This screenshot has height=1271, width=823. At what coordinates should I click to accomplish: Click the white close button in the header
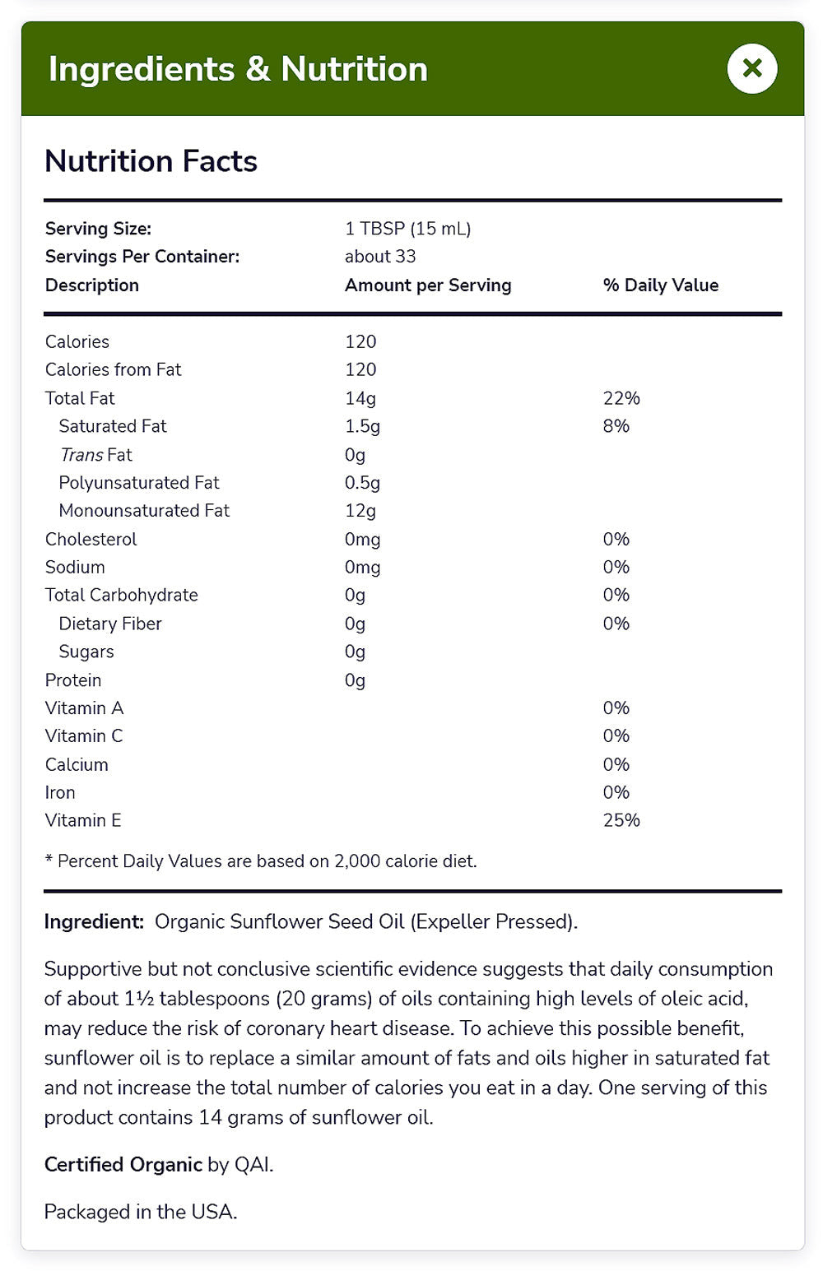751,68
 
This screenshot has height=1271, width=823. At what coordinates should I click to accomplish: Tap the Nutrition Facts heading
151,161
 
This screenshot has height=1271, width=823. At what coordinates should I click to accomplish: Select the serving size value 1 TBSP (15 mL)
407,229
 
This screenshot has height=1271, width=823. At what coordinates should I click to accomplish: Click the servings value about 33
380,257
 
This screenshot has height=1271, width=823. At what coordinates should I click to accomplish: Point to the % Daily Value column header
660,285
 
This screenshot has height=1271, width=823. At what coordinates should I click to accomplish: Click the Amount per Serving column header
428,285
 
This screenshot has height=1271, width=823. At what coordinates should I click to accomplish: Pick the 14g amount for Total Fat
360,398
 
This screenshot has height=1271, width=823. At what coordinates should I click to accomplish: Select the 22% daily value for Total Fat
621,398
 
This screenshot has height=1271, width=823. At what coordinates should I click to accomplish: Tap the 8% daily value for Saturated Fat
616,426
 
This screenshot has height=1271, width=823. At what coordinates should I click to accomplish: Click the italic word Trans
81,455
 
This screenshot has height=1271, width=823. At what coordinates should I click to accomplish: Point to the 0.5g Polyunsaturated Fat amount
362,483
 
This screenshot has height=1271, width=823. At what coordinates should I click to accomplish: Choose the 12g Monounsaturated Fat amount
360,511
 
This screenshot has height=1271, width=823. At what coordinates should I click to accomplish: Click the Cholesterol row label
91,540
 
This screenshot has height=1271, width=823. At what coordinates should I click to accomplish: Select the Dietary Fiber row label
110,624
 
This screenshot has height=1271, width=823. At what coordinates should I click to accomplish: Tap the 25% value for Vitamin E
621,820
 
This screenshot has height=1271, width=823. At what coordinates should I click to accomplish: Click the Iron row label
60,792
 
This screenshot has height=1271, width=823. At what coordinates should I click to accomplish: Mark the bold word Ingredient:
94,921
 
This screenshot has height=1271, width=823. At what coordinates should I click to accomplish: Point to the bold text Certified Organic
123,1165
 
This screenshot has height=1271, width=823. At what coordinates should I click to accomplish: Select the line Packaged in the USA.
140,1212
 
